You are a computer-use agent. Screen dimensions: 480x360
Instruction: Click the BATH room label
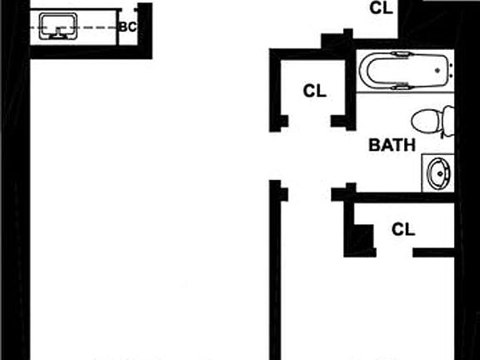point(392,145)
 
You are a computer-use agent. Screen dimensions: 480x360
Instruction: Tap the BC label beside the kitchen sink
point(127,27)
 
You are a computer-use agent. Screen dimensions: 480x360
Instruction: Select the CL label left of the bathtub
point(315,91)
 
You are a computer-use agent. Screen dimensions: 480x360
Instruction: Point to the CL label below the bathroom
point(403,229)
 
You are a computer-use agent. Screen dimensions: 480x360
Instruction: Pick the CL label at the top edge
point(381,8)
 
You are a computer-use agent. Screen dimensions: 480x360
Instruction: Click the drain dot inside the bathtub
point(437,70)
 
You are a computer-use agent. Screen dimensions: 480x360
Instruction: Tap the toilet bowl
point(426,122)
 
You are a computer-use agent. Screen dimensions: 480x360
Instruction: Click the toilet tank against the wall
point(447,122)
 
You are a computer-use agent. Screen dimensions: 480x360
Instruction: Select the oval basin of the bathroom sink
point(439,173)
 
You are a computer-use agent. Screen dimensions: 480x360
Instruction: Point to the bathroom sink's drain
point(441,174)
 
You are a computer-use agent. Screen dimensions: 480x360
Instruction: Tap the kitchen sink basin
point(58,26)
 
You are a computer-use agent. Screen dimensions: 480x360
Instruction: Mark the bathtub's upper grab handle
point(400,54)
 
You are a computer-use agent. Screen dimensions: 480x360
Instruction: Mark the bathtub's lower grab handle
point(400,87)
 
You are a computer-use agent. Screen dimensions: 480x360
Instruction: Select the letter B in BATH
point(374,145)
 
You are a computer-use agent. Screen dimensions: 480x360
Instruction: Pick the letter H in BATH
point(410,145)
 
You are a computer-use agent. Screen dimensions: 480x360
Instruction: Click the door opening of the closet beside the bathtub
point(309,121)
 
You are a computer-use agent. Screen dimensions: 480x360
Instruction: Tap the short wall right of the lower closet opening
point(433,252)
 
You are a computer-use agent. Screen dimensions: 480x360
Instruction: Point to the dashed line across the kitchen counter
point(73,27)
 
